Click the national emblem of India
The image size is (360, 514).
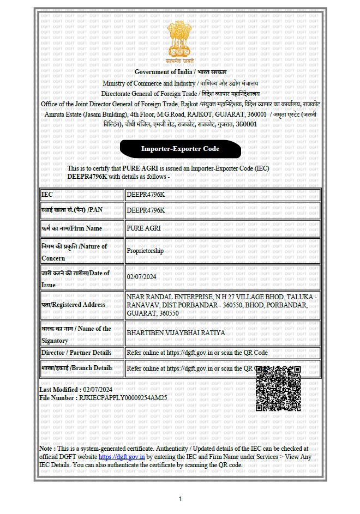[x=181, y=41]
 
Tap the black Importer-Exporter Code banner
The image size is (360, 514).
[x=180, y=149]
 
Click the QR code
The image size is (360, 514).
[x=278, y=388]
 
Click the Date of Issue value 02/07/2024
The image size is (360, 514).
[x=141, y=277]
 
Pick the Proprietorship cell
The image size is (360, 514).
[x=145, y=251]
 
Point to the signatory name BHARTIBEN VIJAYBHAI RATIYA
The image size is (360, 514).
[x=175, y=332]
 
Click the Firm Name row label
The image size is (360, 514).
[x=71, y=228]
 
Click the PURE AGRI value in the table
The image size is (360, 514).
[x=143, y=228]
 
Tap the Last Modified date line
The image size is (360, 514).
[x=76, y=390]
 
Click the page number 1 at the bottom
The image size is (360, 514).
[x=181, y=498]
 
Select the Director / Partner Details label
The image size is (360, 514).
[x=76, y=353]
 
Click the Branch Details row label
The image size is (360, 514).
[x=77, y=368]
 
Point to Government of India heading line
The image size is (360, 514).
[x=181, y=72]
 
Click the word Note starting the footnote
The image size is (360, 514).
[x=46, y=448]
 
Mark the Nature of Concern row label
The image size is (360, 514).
[x=74, y=252]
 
